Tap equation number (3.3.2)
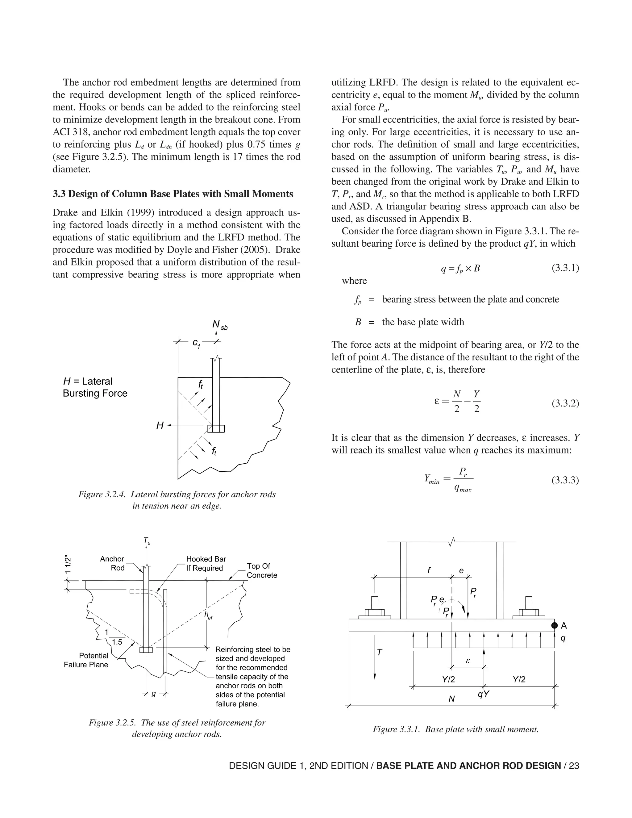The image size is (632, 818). pos(565,403)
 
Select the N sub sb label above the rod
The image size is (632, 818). pos(219,325)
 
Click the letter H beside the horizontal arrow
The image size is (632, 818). pos(160,425)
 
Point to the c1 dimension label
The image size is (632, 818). pos(196,343)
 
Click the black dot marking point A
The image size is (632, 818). pos(555,625)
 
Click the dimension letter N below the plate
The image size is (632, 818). pos(451,699)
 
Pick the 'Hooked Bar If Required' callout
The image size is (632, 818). pos(206,563)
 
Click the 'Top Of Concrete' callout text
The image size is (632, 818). pos(262,570)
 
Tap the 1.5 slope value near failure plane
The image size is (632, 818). pos(117,642)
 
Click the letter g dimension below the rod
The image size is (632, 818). pos(153,694)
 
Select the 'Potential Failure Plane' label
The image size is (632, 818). pos(86,660)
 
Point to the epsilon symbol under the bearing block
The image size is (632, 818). pos(467,661)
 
